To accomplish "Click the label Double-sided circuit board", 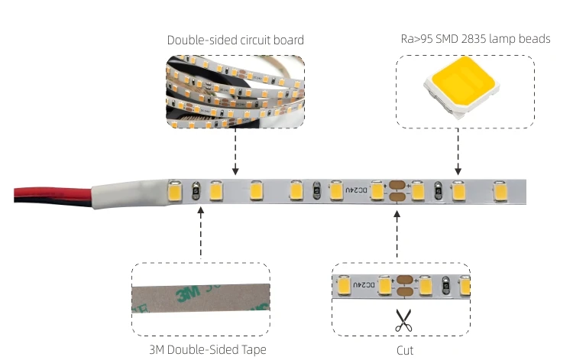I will click(x=235, y=40).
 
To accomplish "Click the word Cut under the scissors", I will click(x=405, y=350).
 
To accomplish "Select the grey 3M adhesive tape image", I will click(x=200, y=300).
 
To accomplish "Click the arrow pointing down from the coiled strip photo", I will click(x=235, y=148).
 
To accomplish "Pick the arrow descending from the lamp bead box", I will click(x=458, y=148).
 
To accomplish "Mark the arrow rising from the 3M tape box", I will click(x=200, y=232).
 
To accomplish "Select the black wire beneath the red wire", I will click(x=46, y=199).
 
